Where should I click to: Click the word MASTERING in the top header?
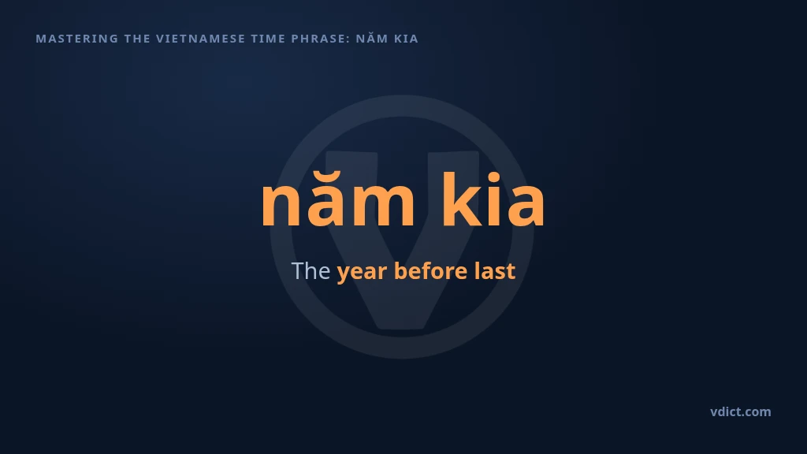[77, 39]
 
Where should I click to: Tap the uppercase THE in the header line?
[137, 39]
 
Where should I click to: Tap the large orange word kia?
[493, 199]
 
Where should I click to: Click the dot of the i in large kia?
[494, 177]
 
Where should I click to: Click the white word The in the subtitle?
[311, 271]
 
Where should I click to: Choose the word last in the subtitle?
[495, 271]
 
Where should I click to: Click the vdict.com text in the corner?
[741, 411]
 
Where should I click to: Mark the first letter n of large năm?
[281, 205]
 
